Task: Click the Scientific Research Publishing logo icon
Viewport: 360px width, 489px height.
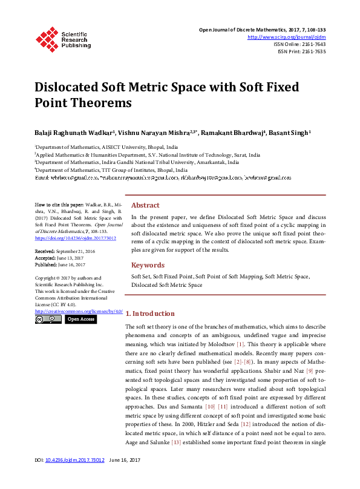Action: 47,39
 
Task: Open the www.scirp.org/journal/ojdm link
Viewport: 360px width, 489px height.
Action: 287,37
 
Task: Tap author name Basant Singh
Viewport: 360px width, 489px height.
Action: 290,132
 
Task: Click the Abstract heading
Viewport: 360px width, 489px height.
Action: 145,205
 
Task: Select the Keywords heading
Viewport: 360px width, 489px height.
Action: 148,265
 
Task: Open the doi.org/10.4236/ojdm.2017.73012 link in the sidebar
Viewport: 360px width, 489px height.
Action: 67,238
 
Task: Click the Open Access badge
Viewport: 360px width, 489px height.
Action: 80,319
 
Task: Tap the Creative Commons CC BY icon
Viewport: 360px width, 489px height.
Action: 48,319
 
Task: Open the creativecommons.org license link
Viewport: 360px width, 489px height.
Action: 79,311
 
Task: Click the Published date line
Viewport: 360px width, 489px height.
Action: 59,264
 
